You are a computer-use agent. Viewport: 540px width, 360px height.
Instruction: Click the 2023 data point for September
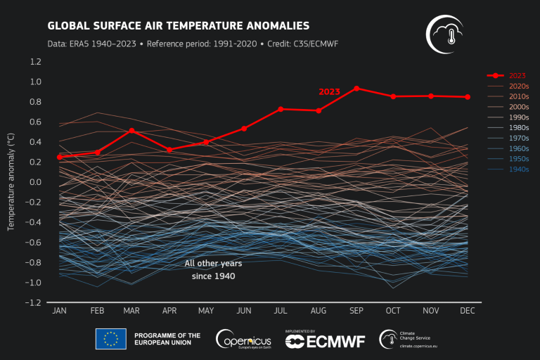[356, 88]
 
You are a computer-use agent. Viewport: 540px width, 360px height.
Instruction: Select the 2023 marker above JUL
[281, 109]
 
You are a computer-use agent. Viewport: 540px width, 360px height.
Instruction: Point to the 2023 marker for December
[468, 97]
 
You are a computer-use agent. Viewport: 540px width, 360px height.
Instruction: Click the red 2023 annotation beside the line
[329, 91]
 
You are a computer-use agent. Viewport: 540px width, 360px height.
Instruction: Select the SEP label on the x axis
[356, 311]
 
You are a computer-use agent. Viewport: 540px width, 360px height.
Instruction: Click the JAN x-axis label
[60, 311]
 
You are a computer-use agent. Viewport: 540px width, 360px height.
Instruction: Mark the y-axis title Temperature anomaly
[11, 181]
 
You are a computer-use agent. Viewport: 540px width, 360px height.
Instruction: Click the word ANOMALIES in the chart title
[272, 26]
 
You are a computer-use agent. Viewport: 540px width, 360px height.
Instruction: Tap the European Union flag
[111, 339]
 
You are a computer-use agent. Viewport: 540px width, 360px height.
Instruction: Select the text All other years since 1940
[213, 269]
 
